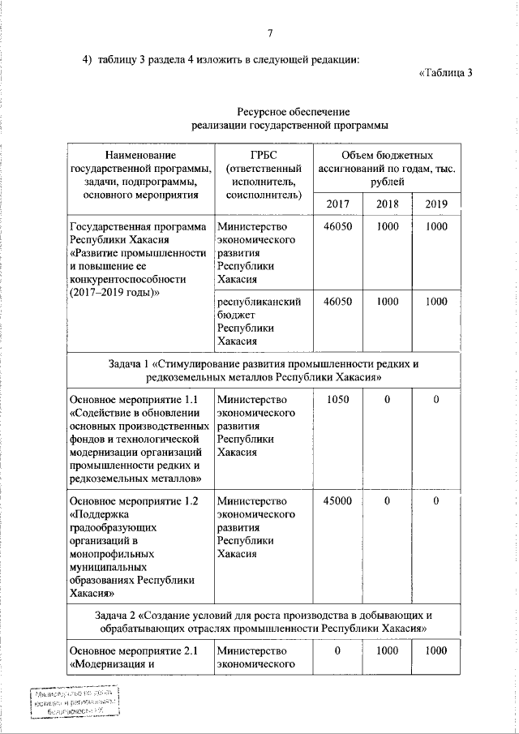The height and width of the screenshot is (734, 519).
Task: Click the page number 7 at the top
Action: coord(270,33)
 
